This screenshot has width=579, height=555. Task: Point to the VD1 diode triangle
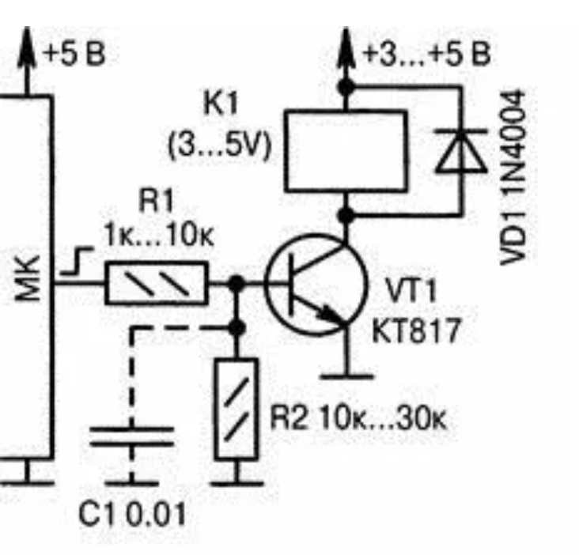(x=461, y=151)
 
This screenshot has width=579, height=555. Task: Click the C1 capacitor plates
(x=132, y=436)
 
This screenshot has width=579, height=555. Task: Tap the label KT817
(x=416, y=331)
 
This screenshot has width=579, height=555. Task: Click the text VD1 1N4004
(x=513, y=178)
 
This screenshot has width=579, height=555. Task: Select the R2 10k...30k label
(x=358, y=418)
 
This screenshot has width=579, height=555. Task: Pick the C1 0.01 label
(x=132, y=514)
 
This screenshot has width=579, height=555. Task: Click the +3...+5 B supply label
(x=427, y=54)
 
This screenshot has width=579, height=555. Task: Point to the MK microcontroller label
(x=28, y=278)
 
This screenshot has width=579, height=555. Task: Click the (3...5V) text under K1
(x=220, y=146)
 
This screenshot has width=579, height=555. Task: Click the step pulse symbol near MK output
(x=77, y=262)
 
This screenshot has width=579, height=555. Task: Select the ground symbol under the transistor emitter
(x=347, y=377)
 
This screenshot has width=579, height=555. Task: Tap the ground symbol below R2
(x=237, y=483)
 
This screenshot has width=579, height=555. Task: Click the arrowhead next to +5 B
(x=27, y=47)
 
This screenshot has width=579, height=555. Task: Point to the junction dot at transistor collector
(x=346, y=215)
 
